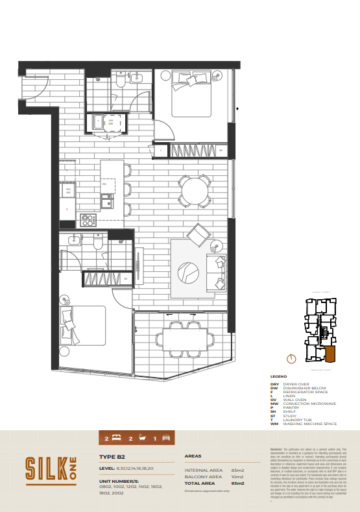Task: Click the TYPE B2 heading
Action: click(112, 457)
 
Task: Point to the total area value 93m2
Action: click(237, 483)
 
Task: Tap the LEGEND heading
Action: click(278, 376)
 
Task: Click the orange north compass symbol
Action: click(291, 358)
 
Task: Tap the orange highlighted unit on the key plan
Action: click(330, 354)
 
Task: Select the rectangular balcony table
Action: click(184, 339)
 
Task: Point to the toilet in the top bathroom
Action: click(121, 80)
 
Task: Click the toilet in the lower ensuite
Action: click(97, 243)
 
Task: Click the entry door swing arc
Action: click(36, 87)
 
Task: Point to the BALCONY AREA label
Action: click(204, 477)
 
